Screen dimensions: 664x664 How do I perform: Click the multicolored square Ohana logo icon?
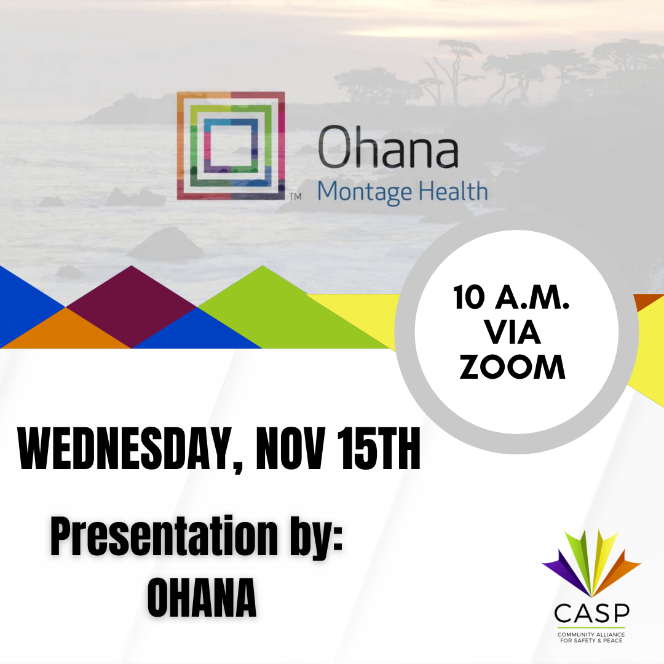point(231,146)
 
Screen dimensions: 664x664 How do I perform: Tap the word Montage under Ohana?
point(365,192)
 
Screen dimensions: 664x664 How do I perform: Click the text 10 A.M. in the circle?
point(512,298)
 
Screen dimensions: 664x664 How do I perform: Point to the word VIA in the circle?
point(512,333)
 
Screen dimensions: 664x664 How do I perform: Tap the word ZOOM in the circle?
point(512,368)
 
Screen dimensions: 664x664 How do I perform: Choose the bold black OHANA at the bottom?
point(202,598)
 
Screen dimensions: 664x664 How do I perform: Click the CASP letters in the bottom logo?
point(591,613)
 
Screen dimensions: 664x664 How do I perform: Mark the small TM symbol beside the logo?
point(295,197)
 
